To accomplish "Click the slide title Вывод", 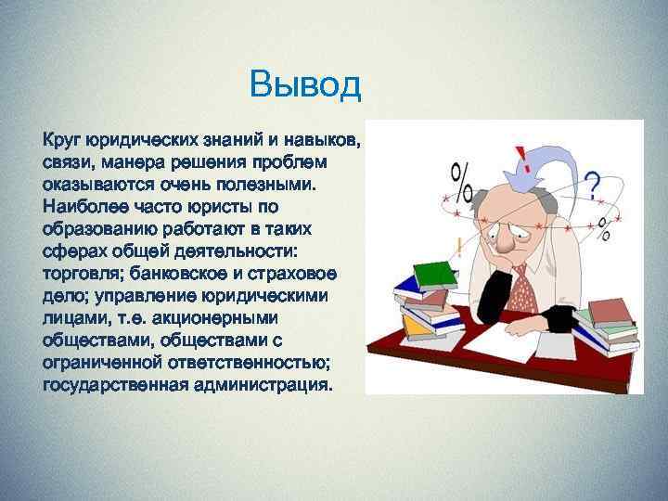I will coord(304,86).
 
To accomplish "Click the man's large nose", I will coord(505,241).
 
